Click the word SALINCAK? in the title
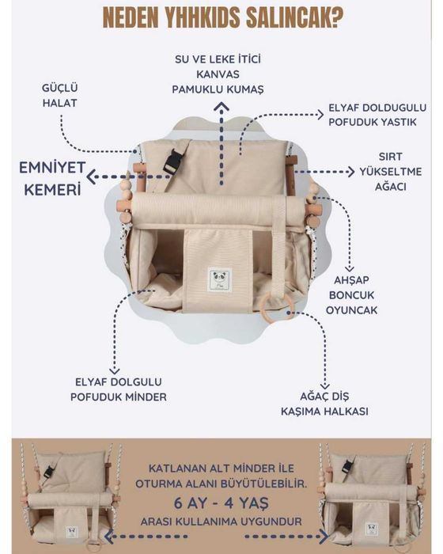[x=294, y=17]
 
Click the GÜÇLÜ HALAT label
[x=59, y=96]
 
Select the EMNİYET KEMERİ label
[x=52, y=178]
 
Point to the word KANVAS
[x=218, y=74]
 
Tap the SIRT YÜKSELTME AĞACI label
[x=390, y=172]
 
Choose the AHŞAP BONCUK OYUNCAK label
[x=351, y=295]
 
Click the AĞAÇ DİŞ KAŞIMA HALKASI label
[x=324, y=404]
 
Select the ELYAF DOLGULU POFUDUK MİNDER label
[x=119, y=389]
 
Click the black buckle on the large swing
[x=173, y=161]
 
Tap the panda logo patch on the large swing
[x=219, y=279]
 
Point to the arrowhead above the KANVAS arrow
[x=221, y=106]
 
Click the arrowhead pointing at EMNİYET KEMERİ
[x=92, y=176]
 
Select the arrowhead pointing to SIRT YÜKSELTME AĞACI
[x=350, y=172]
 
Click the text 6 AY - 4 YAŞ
[x=221, y=503]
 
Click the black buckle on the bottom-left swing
[x=49, y=472]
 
